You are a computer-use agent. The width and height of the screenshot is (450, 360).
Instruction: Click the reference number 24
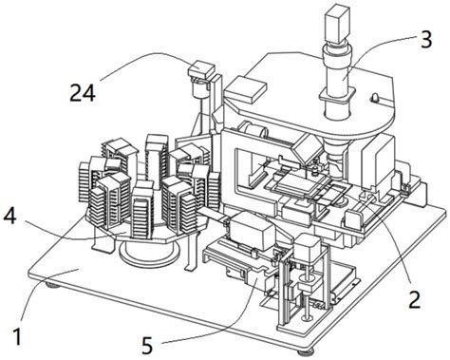click(x=83, y=92)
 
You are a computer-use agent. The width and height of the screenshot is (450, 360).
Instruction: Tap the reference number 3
click(x=426, y=40)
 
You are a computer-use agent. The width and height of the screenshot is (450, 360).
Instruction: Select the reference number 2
click(x=415, y=300)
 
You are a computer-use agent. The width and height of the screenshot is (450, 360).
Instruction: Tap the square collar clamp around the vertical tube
click(x=337, y=96)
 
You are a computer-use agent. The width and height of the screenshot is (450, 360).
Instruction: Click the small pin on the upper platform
click(x=374, y=98)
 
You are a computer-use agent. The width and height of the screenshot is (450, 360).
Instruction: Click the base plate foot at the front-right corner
click(x=306, y=351)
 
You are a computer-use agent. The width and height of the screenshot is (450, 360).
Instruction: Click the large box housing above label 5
click(x=252, y=229)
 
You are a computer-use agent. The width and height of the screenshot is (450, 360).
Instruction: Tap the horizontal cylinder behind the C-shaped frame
click(x=253, y=130)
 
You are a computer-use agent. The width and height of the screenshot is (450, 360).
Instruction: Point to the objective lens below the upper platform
click(x=337, y=160)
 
